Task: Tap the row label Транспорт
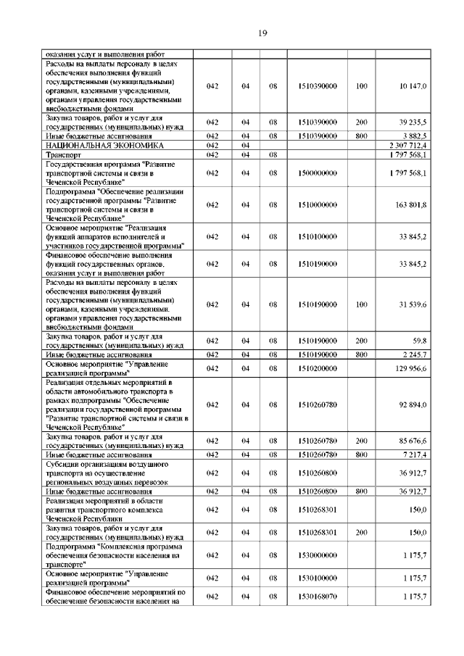63,155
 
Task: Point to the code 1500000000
317,175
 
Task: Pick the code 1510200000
317,368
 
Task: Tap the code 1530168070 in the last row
317,596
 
